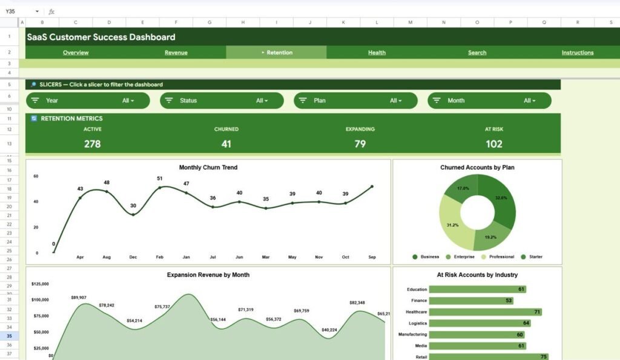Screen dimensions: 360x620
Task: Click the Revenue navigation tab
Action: tap(176, 53)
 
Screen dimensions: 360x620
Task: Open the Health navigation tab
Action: tap(377, 53)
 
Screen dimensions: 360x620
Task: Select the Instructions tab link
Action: tap(577, 53)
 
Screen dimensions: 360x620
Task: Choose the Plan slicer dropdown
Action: tap(355, 100)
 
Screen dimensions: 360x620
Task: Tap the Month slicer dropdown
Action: tap(489, 100)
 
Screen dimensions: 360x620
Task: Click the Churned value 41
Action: tap(226, 144)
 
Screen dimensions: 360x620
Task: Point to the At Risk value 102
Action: tap(494, 144)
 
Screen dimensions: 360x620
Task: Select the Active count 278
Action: tap(92, 144)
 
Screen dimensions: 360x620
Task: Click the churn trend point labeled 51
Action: tap(160, 188)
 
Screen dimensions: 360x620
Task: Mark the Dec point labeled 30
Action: tap(133, 214)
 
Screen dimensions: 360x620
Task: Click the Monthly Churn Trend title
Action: tap(208, 167)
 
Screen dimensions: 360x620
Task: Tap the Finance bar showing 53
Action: tap(479, 301)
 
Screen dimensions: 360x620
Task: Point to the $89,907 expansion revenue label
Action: tap(79, 298)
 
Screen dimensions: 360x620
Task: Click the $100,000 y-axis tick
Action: tap(39, 300)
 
